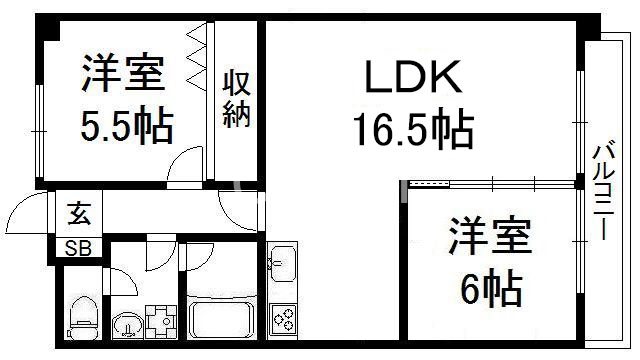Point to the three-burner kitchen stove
(x=282, y=318)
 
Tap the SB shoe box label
(x=77, y=248)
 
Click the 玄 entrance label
(x=77, y=214)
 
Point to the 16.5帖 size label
(x=411, y=128)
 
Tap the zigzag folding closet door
(x=196, y=60)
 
